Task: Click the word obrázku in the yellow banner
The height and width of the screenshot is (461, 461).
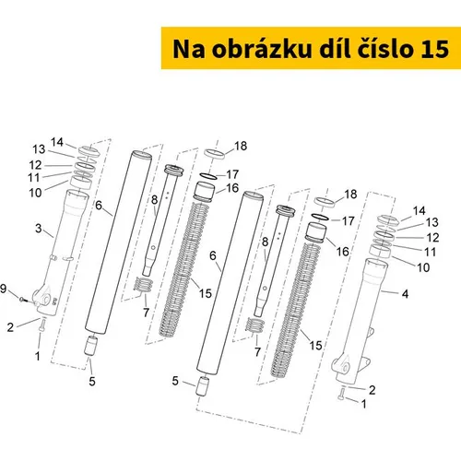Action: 261,49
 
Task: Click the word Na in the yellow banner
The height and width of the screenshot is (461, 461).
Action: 188,49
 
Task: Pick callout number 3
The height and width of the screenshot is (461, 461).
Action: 38,229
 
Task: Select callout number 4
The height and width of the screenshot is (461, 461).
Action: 405,294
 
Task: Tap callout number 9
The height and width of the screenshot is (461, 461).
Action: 3,289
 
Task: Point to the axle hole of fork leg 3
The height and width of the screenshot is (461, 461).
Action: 45,299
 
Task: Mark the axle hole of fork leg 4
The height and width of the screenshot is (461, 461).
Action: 345,368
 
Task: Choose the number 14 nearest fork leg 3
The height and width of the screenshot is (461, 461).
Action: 57,142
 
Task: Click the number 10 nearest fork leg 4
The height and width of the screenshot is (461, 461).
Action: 423,267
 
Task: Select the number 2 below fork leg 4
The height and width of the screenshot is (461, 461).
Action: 372,390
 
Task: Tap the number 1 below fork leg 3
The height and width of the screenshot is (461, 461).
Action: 38,356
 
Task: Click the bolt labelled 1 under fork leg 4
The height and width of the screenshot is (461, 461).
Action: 340,394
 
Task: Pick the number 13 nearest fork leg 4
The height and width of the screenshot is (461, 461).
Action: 431,222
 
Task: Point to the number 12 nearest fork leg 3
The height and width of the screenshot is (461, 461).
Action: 35,165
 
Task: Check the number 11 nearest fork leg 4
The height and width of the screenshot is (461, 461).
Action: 430,252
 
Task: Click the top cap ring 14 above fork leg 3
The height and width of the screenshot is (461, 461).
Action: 88,150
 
